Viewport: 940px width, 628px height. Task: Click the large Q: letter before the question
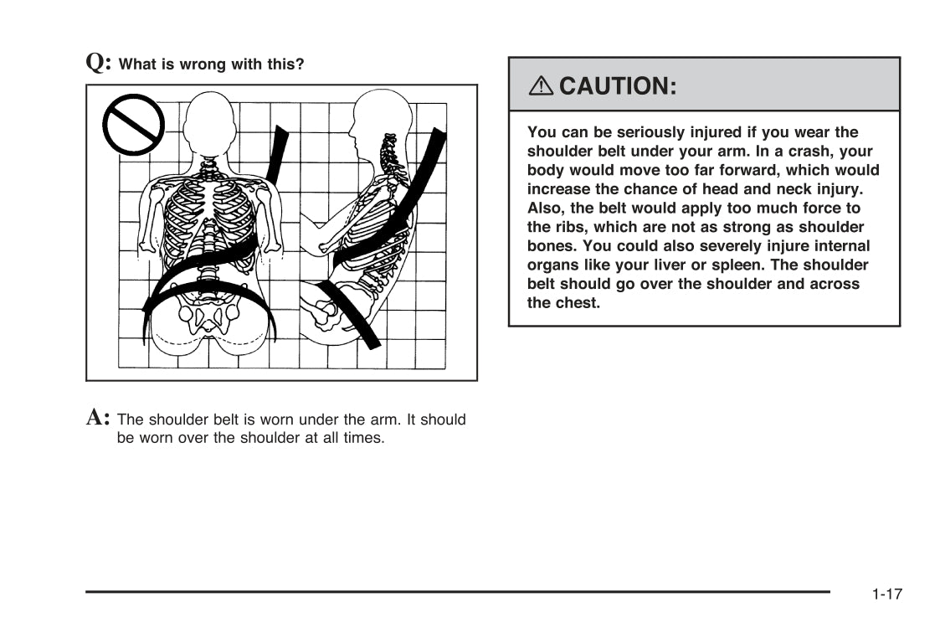(99, 62)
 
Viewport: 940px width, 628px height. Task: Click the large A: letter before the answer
(98, 416)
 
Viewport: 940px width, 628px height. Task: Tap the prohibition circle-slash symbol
(133, 125)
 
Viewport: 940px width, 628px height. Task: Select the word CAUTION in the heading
(617, 85)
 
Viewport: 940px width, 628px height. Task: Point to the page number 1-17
(886, 595)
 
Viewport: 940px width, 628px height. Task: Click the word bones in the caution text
(552, 246)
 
